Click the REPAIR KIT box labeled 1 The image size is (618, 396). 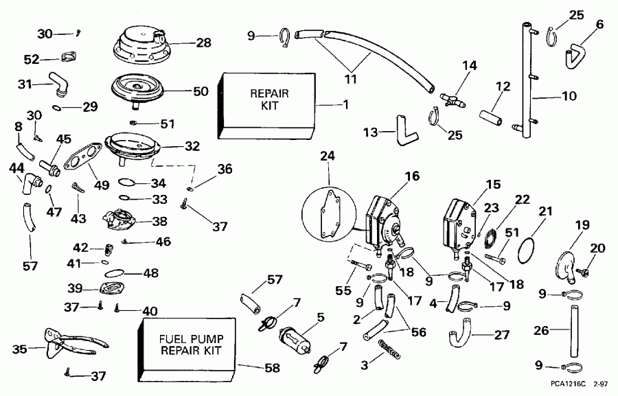(x=268, y=103)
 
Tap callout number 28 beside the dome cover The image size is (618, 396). (x=204, y=43)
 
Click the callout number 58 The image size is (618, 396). (x=272, y=368)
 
